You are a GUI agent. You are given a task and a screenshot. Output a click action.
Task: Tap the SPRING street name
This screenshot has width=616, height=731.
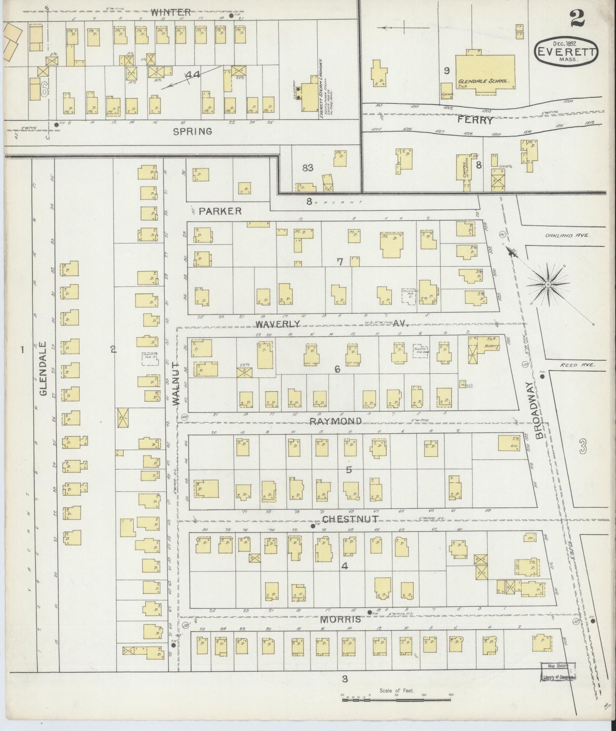click(x=192, y=132)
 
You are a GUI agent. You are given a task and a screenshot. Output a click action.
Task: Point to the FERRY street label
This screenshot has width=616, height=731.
click(x=475, y=121)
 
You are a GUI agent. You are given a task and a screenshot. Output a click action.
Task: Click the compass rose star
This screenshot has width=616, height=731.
click(x=547, y=283)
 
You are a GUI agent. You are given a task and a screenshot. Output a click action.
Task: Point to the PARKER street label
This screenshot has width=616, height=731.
click(x=220, y=211)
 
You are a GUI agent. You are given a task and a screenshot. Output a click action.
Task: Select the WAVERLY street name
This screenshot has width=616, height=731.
click(x=278, y=325)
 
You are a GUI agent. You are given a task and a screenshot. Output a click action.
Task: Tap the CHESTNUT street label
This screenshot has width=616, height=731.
click(x=344, y=519)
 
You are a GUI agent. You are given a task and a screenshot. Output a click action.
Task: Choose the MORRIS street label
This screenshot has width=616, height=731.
click(x=341, y=619)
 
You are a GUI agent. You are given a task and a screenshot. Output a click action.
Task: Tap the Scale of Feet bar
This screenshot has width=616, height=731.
click(x=397, y=696)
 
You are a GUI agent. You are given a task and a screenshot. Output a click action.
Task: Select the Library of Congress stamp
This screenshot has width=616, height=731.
click(x=558, y=672)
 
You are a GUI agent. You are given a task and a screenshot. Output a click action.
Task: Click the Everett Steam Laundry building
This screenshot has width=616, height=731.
click(x=308, y=96)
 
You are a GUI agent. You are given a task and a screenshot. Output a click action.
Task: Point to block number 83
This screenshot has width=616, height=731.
click(x=307, y=168)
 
